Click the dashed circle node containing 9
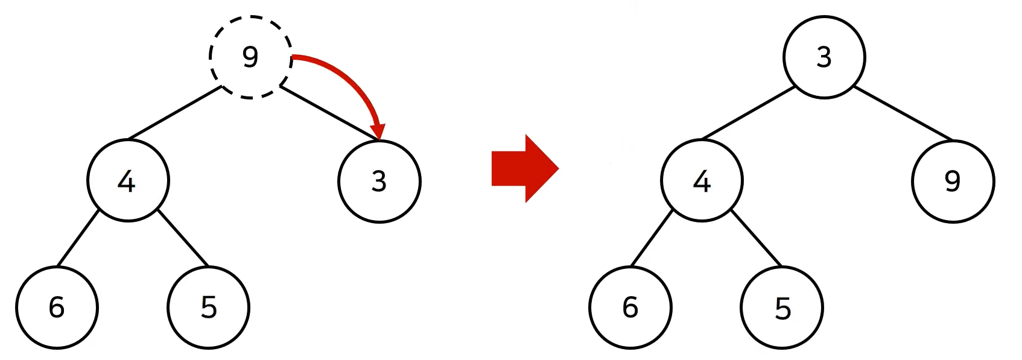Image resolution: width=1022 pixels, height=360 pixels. point(250,57)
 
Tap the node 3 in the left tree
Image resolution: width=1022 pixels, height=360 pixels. point(379,181)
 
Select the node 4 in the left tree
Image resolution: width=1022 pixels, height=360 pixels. point(128,180)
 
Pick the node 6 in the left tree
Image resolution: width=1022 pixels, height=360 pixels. point(57,308)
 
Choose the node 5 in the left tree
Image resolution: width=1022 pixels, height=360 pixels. point(208,308)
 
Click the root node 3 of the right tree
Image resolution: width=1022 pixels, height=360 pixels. point(824,57)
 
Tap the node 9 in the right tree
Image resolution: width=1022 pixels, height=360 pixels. point(953,181)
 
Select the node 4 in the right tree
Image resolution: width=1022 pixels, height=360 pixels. point(702,180)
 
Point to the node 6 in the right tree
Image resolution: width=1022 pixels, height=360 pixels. point(630,308)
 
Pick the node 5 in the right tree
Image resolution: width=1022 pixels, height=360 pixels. point(782,308)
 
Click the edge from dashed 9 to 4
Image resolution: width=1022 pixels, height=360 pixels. point(175,113)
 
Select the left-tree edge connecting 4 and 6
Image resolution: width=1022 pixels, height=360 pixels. point(78,238)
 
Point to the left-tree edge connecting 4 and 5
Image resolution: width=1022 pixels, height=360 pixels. point(183,238)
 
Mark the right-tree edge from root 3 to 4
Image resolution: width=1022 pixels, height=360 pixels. point(749,113)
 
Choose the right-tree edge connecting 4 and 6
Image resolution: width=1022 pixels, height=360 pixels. point(652,238)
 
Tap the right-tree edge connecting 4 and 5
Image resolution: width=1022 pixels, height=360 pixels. point(757,238)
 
